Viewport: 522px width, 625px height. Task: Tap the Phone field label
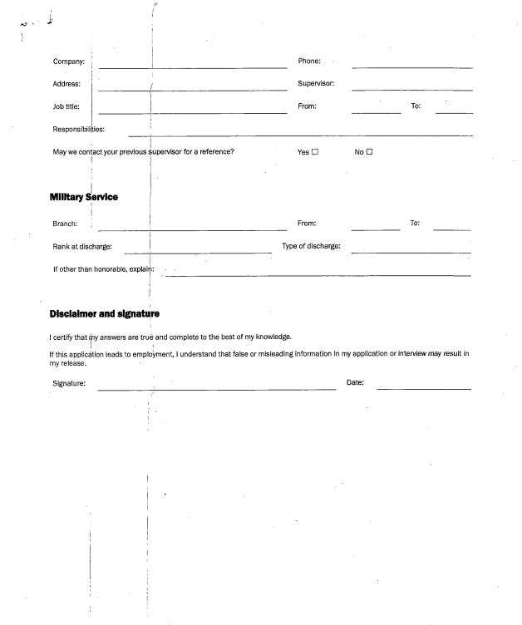pyautogui.click(x=309, y=62)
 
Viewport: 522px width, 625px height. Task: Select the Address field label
pyautogui.click(x=66, y=84)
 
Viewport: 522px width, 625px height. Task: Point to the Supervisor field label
pyautogui.click(x=316, y=84)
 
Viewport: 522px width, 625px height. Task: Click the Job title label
pyautogui.click(x=66, y=106)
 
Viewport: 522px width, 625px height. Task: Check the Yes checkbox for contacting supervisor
pyautogui.click(x=315, y=152)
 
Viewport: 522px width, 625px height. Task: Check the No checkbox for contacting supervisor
pyautogui.click(x=370, y=152)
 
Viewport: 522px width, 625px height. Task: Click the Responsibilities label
pyautogui.click(x=78, y=130)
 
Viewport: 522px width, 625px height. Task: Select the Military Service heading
pyautogui.click(x=83, y=196)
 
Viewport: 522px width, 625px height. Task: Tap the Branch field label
pyautogui.click(x=65, y=224)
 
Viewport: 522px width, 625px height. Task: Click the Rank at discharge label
pyautogui.click(x=82, y=247)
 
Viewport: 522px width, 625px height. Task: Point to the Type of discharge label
pyautogui.click(x=311, y=246)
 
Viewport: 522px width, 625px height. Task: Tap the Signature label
pyautogui.click(x=69, y=383)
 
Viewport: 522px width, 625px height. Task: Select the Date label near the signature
pyautogui.click(x=355, y=383)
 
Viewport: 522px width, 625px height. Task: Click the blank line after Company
pyautogui.click(x=193, y=66)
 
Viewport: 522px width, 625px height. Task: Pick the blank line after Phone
pyautogui.click(x=411, y=66)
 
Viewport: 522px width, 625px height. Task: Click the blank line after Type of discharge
pyautogui.click(x=411, y=251)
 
